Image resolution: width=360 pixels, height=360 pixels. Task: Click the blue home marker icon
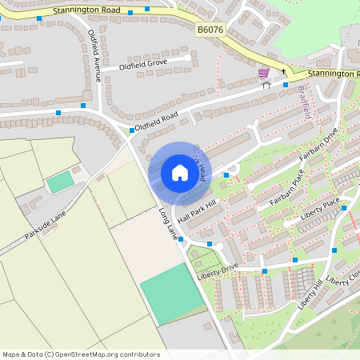click(x=180, y=173)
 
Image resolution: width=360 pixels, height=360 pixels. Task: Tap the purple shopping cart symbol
click(x=263, y=73)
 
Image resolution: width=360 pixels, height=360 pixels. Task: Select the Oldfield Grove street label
click(x=144, y=63)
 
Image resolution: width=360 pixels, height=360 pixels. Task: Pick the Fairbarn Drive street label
click(x=318, y=145)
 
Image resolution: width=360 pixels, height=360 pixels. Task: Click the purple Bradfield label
click(x=305, y=102)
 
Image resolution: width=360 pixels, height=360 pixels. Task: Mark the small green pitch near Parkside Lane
click(x=60, y=182)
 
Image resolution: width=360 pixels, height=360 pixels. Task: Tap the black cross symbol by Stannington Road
click(x=283, y=71)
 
